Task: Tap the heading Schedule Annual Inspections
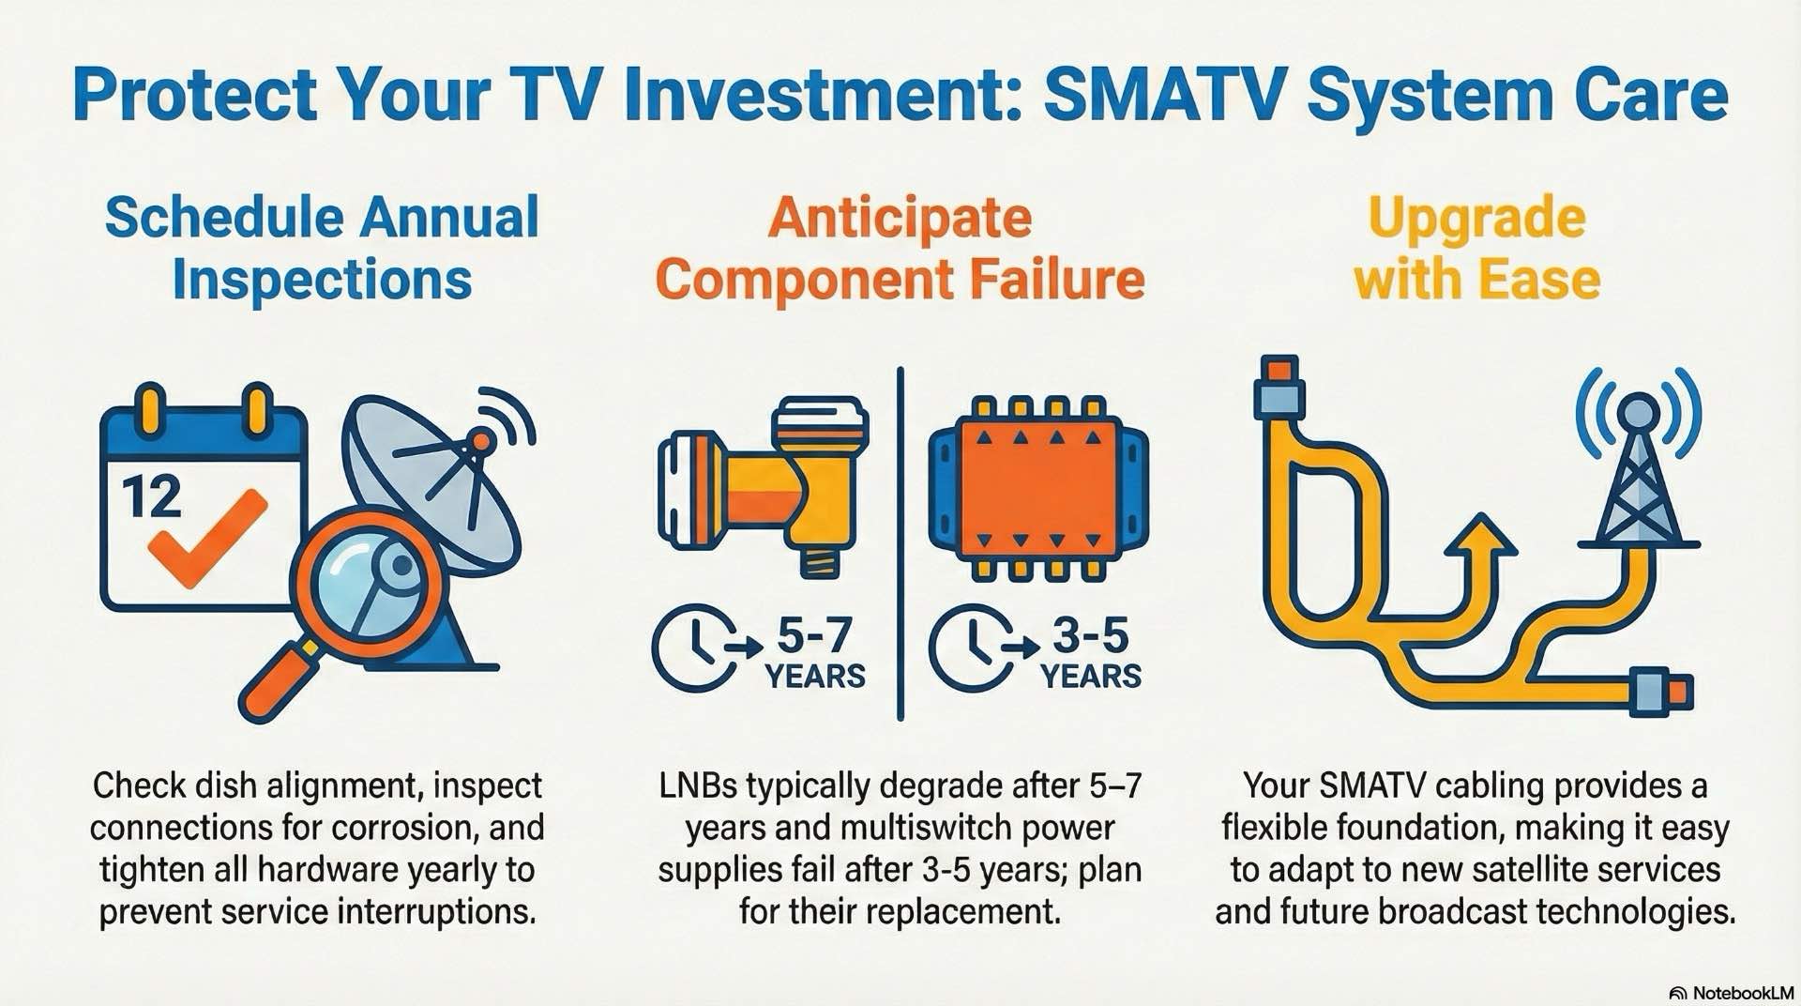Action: pos(322,249)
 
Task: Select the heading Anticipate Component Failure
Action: pos(900,249)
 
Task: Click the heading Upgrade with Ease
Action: pos(1476,249)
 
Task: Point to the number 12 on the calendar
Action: pos(151,496)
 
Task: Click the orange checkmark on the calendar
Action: pos(208,536)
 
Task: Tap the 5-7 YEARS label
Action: pos(814,654)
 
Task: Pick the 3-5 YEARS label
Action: pos(1090,654)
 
